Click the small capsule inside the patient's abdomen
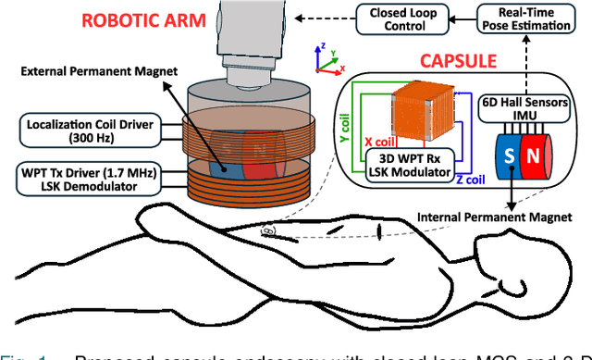click(270, 229)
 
